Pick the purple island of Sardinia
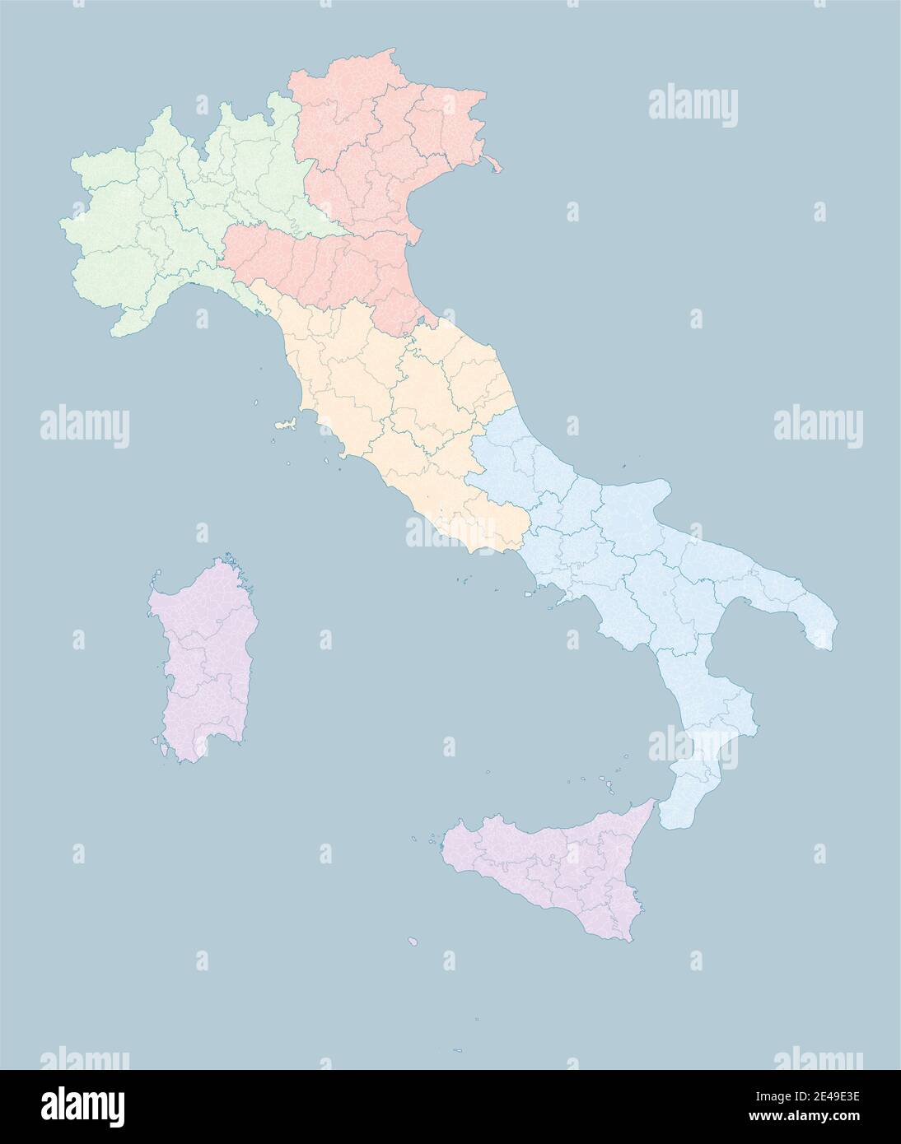click(x=202, y=658)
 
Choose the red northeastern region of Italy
click(x=371, y=165)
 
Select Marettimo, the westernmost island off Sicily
click(x=431, y=840)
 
